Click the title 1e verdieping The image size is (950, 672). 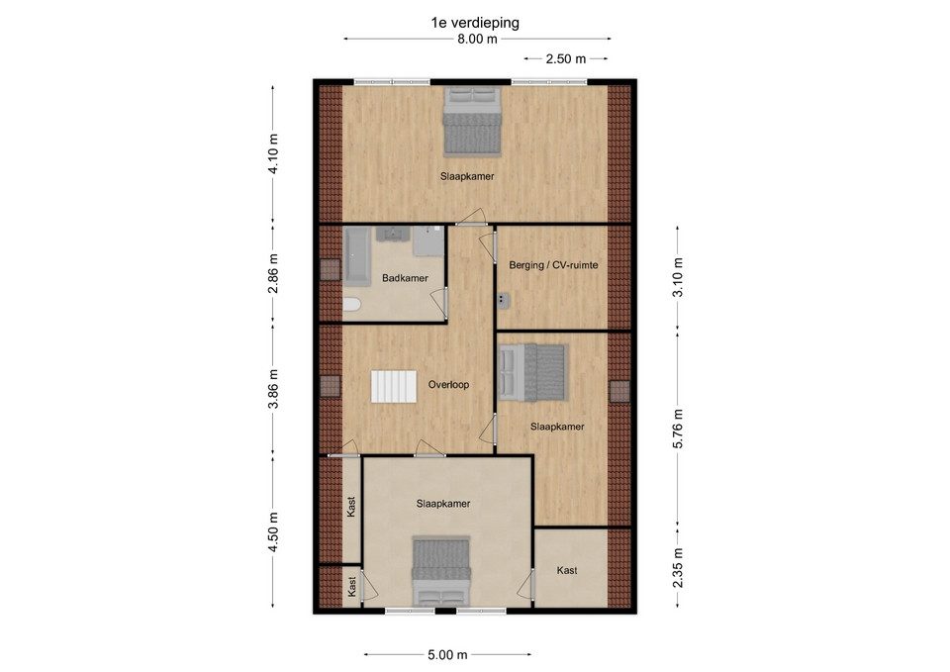click(475, 23)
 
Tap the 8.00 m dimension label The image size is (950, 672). click(477, 39)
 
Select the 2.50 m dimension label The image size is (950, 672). click(566, 58)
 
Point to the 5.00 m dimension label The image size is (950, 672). click(447, 654)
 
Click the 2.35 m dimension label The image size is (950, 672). click(678, 568)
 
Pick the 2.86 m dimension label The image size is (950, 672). click(273, 273)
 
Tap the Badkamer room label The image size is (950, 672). click(405, 278)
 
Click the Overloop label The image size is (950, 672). click(448, 384)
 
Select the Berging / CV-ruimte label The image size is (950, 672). click(553, 265)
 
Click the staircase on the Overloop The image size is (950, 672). click(394, 387)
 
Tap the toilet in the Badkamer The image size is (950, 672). click(351, 304)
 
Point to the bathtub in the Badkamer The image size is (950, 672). click(357, 256)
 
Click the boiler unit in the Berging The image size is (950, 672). click(504, 299)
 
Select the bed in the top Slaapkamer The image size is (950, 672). click(472, 121)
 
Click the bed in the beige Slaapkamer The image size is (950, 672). click(441, 571)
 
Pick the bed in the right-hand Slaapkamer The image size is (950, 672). click(532, 373)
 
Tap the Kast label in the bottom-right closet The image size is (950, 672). click(567, 570)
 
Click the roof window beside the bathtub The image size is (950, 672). click(331, 269)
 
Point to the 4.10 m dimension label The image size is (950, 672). click(273, 154)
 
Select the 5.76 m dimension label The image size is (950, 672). click(678, 429)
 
